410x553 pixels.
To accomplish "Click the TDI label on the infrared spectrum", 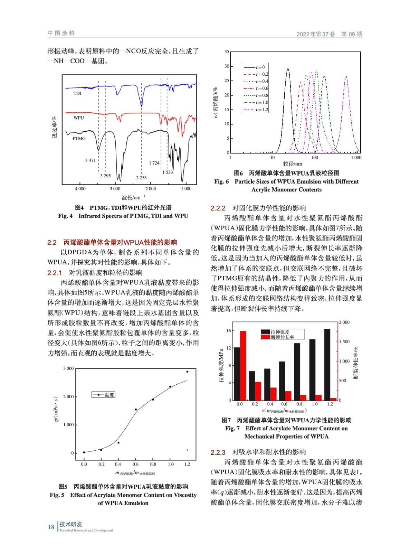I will pyautogui.click(x=77, y=93).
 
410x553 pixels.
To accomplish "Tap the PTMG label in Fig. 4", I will pyautogui.click(x=79, y=139).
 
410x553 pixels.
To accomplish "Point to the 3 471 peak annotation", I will pyautogui.click(x=90, y=160).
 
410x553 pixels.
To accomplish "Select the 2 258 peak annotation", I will pyautogui.click(x=141, y=178).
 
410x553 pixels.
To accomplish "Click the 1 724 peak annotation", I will pyautogui.click(x=154, y=163).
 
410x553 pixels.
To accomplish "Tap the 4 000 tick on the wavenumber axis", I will pyautogui.click(x=80, y=189).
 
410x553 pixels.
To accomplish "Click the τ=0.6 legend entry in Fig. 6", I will pyautogui.click(x=256, y=88).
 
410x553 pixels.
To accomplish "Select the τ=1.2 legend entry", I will pyautogui.click(x=256, y=110).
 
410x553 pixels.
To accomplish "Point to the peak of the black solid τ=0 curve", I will pyautogui.click(x=288, y=69).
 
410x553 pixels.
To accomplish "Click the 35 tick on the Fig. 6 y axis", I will pyautogui.click(x=227, y=52).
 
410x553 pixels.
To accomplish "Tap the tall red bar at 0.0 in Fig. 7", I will pyautogui.click(x=243, y=365).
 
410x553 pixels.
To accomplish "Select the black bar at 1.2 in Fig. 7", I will pyautogui.click(x=327, y=364).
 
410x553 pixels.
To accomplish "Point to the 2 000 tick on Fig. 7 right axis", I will pyautogui.click(x=344, y=322).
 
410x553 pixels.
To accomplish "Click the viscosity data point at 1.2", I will pyautogui.click(x=187, y=372).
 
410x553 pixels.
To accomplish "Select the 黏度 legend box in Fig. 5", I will pyautogui.click(x=104, y=395).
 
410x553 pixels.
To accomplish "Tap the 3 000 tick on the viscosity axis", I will pyautogui.click(x=68, y=368).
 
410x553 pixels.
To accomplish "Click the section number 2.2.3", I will pyautogui.click(x=218, y=452).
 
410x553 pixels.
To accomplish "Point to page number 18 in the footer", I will pyautogui.click(x=51, y=527).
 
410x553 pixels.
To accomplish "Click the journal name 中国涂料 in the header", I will pyautogui.click(x=61, y=33).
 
